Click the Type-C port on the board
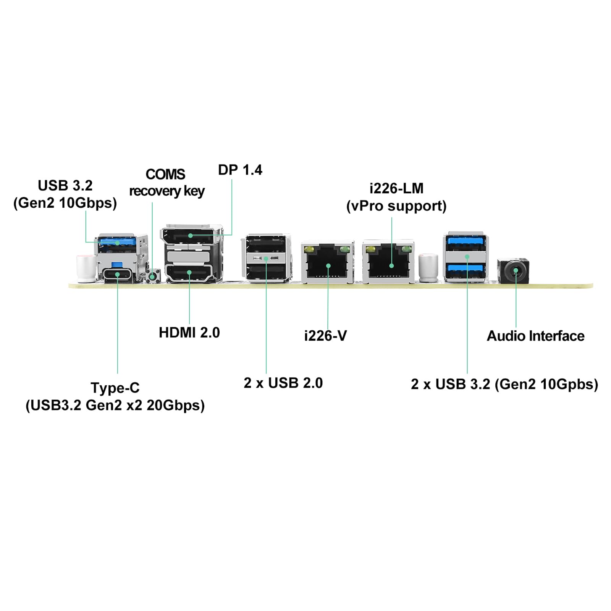click(x=118, y=275)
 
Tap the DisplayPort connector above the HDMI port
click(x=190, y=236)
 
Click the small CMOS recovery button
click(x=153, y=276)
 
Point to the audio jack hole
click(x=516, y=271)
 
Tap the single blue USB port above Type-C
click(x=117, y=242)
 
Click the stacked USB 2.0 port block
click(x=266, y=259)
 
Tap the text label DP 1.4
click(x=240, y=170)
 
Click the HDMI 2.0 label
click(x=189, y=333)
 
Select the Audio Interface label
click(x=535, y=336)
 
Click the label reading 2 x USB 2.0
click(x=283, y=383)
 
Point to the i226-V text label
click(x=325, y=336)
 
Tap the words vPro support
click(x=396, y=206)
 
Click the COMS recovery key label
click(x=166, y=183)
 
